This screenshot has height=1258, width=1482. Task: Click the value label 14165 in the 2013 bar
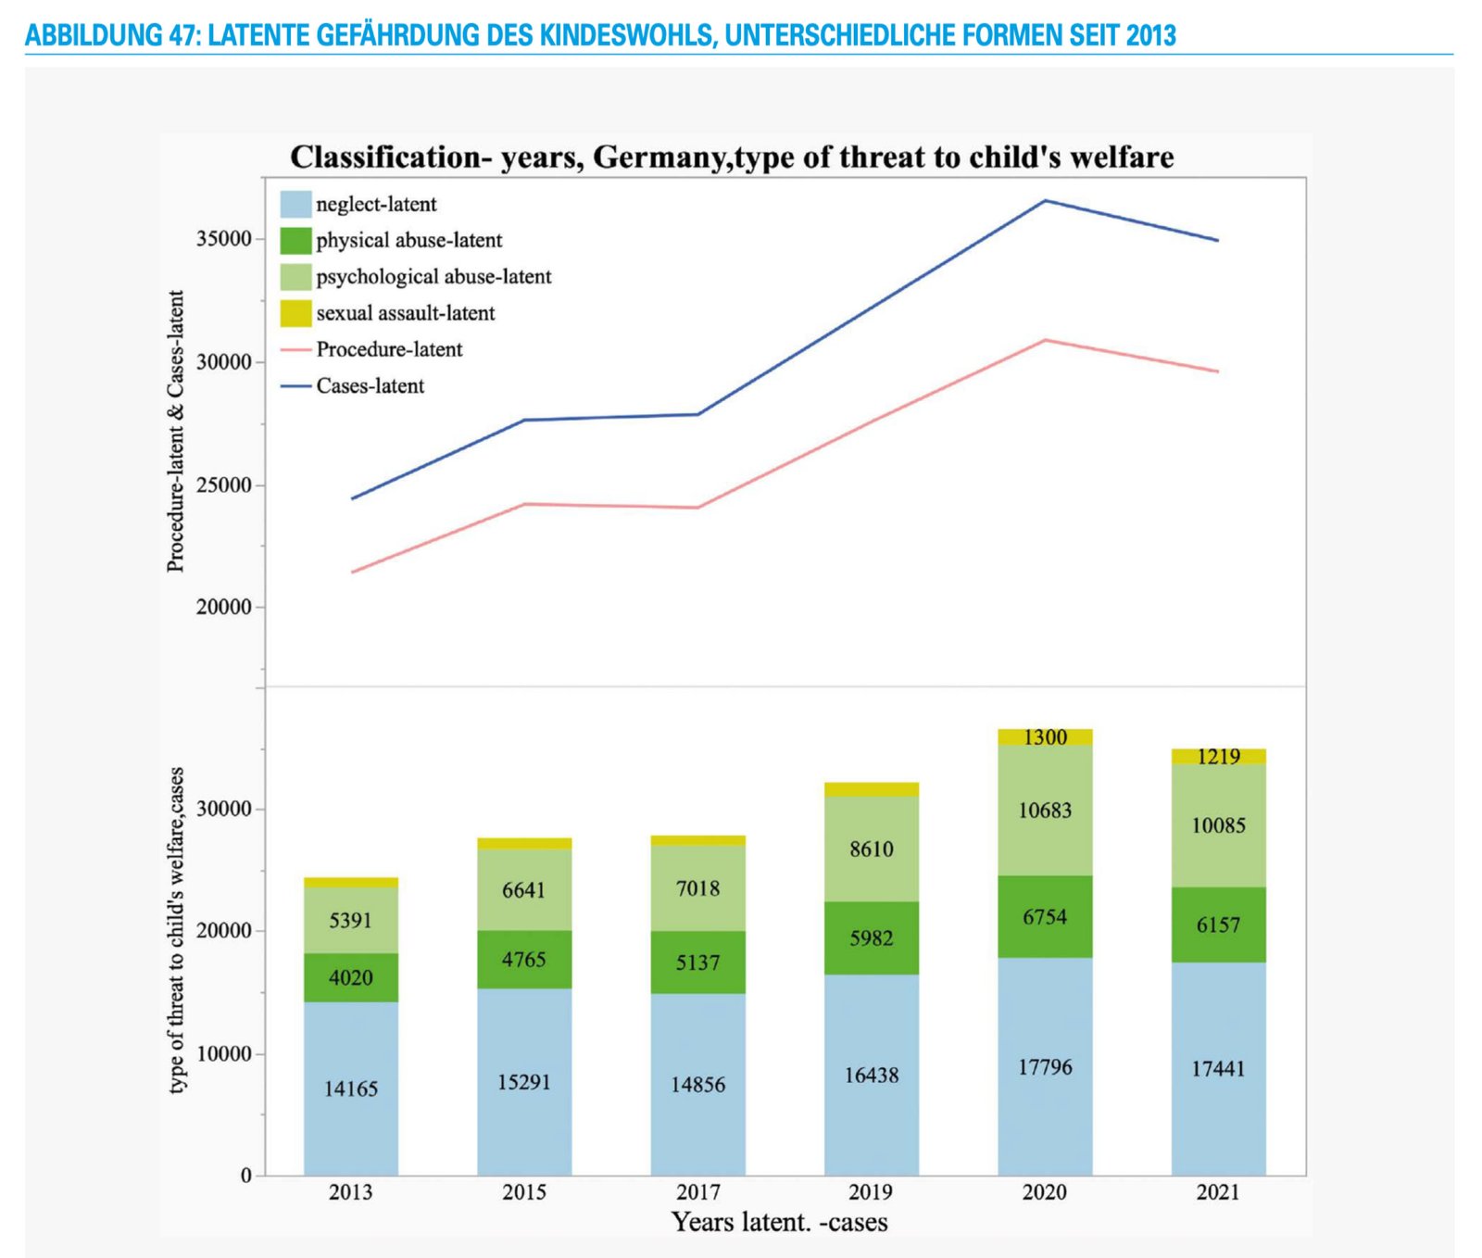351,1088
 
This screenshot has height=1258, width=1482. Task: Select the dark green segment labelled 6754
1045,916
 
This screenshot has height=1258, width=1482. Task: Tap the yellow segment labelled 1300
1045,736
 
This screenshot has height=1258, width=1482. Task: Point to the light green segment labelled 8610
872,849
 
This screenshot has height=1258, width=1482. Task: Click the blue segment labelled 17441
1218,1068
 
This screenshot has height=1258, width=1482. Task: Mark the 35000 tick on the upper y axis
224,239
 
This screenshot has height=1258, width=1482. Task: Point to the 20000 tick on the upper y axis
224,607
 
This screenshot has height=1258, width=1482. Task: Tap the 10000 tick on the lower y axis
224,1053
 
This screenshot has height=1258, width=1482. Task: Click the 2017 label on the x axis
697,1192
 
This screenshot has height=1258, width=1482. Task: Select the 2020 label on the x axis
1045,1192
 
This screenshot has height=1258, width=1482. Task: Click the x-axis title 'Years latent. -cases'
779,1222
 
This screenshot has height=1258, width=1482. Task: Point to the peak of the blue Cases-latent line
1045,200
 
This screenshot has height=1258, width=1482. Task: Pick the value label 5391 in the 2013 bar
351,920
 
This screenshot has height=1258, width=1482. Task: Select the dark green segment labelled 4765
524,959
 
